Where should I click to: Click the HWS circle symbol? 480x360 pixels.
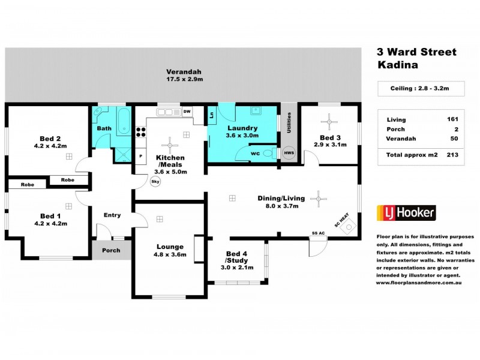point(289,153)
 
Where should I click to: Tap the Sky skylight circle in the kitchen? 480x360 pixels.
point(155,181)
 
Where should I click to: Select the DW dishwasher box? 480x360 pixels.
point(187,112)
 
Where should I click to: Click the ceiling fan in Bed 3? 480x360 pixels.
point(329,122)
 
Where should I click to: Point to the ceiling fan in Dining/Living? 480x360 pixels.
point(319,199)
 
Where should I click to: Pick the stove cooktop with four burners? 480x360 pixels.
point(141,132)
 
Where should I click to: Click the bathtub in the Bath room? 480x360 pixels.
point(124,121)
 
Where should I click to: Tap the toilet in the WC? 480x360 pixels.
point(269,152)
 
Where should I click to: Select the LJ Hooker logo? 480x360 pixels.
point(406,213)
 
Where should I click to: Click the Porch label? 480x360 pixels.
point(111,250)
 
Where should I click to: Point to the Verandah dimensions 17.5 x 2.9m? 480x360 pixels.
point(184,79)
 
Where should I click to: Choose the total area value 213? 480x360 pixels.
point(452,155)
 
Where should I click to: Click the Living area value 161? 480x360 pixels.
point(452,119)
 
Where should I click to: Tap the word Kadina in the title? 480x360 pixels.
point(398,65)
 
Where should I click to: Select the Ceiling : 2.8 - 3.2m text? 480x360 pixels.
point(419,88)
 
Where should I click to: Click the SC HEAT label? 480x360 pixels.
point(341,220)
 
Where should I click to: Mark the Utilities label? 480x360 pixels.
point(289,122)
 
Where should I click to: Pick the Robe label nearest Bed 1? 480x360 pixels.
point(27,184)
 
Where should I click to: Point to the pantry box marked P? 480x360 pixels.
point(141,156)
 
